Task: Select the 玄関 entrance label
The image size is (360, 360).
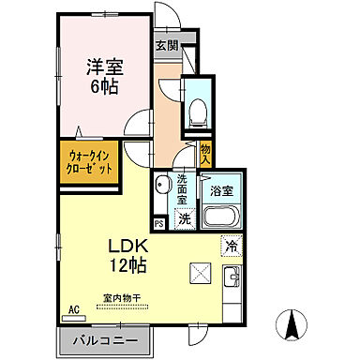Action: tap(166, 44)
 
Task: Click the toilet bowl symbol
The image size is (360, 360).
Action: tap(197, 112)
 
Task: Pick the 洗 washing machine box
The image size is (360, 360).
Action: tap(185, 218)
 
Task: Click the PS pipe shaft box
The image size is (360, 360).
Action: tap(158, 223)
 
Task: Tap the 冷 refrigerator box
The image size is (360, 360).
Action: tap(231, 247)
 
